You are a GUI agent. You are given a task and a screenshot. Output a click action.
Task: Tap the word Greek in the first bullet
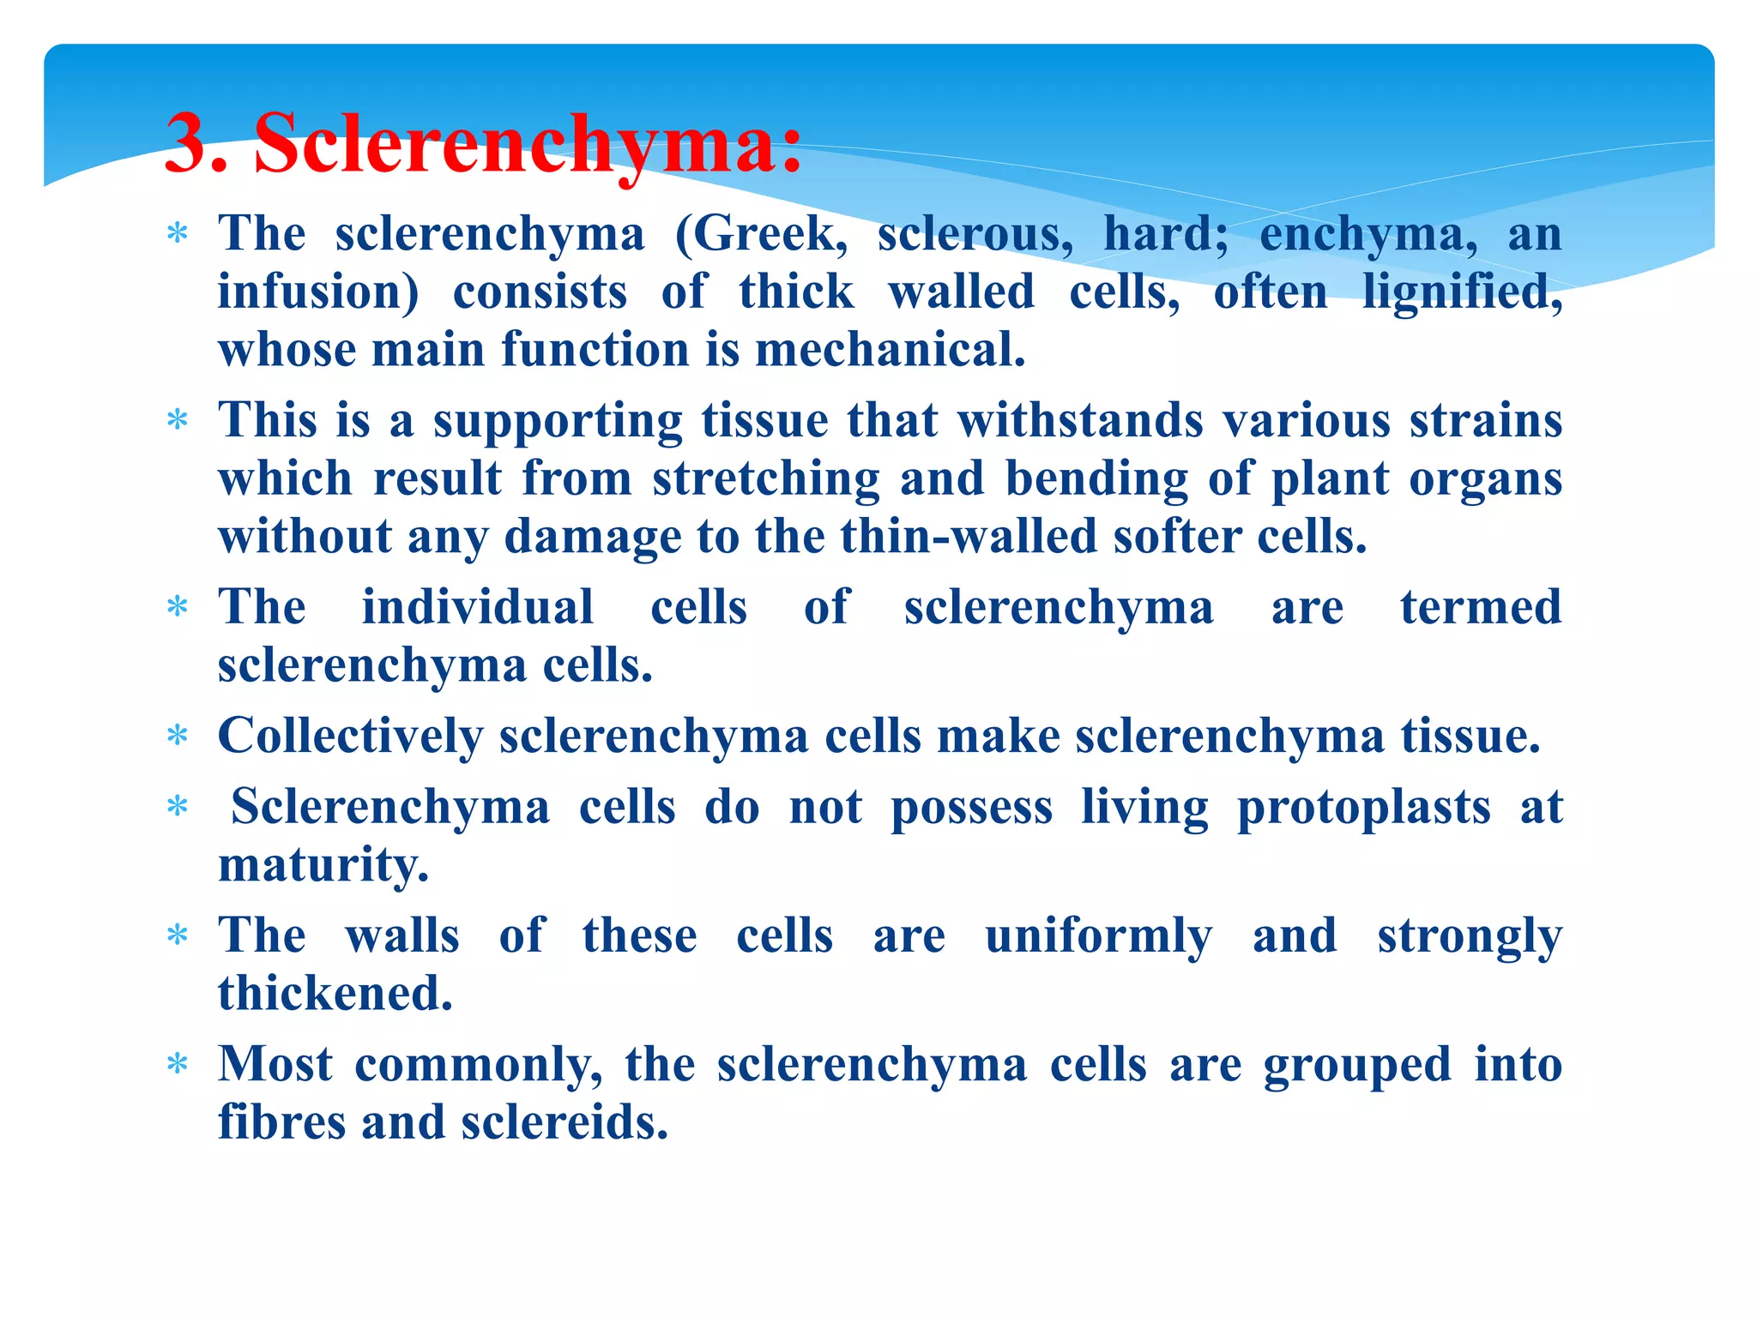click(769, 234)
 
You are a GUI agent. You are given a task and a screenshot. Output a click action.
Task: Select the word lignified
click(1462, 292)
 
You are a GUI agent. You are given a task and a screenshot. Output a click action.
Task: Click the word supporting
click(558, 422)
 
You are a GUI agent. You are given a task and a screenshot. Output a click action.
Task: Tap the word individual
click(477, 607)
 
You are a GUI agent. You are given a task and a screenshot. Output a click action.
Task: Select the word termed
click(1480, 607)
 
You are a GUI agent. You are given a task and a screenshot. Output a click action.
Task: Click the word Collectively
click(350, 737)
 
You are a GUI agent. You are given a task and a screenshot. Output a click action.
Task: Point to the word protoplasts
click(1363, 808)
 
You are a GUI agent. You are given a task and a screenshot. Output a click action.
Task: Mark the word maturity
click(323, 865)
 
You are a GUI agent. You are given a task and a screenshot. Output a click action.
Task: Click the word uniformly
click(1098, 935)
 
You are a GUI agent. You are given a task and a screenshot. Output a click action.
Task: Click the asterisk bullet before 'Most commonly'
click(178, 1065)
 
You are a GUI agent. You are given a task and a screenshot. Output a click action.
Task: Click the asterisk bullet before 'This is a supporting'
click(178, 421)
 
